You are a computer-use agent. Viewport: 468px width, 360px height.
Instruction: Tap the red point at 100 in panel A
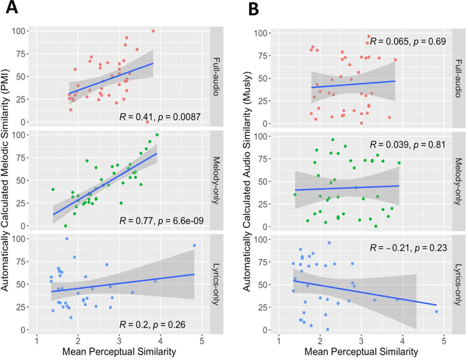[153, 31]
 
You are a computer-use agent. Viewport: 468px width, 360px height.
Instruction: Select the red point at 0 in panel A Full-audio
[147, 122]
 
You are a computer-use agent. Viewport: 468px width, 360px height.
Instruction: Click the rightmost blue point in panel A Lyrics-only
[194, 245]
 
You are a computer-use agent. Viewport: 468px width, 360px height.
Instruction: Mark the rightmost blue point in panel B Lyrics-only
[436, 312]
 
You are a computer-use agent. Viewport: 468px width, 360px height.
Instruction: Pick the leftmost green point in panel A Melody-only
[53, 189]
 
